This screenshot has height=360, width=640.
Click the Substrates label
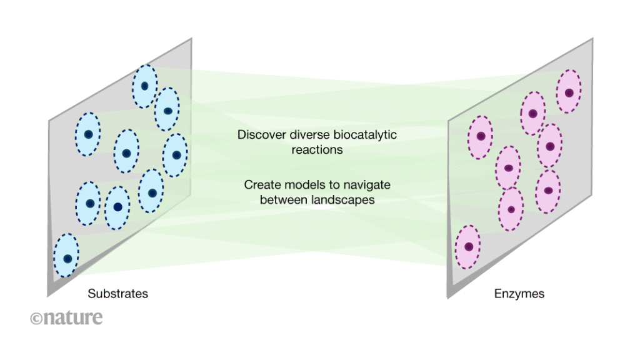point(117,293)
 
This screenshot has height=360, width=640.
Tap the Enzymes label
point(519,293)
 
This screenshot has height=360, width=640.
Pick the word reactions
point(316,150)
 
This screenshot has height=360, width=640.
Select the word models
point(299,185)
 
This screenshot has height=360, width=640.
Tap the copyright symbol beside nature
point(36,318)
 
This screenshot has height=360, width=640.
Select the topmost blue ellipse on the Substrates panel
point(144,86)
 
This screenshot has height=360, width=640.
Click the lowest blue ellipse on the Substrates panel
point(67,256)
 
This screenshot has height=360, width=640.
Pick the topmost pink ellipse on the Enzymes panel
point(569,92)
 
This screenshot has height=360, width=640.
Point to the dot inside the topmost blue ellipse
point(144,86)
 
